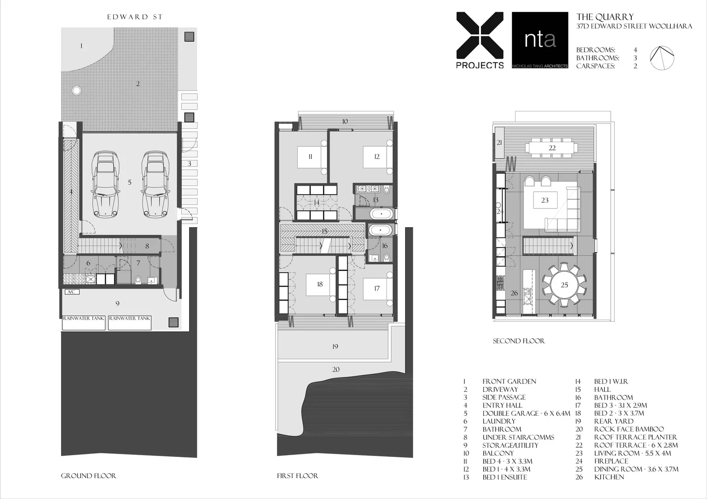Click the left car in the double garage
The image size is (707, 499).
click(x=106, y=183)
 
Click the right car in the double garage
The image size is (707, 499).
click(x=155, y=183)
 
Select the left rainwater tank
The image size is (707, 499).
click(x=84, y=323)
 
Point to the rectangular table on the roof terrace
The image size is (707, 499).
click(x=552, y=148)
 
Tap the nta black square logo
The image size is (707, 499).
click(x=540, y=40)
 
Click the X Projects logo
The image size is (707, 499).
click(x=480, y=40)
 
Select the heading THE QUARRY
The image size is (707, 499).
click(x=602, y=17)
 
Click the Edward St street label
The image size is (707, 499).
click(x=135, y=17)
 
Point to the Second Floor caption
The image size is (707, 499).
click(x=519, y=341)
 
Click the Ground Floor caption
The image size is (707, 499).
click(x=89, y=475)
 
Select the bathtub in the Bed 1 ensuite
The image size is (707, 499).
click(x=381, y=214)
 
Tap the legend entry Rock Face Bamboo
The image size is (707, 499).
click(x=629, y=429)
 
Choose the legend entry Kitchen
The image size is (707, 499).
click(x=609, y=477)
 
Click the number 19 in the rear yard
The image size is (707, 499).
click(x=335, y=346)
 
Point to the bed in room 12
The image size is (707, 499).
click(x=378, y=157)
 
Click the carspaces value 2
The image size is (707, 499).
click(x=635, y=66)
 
